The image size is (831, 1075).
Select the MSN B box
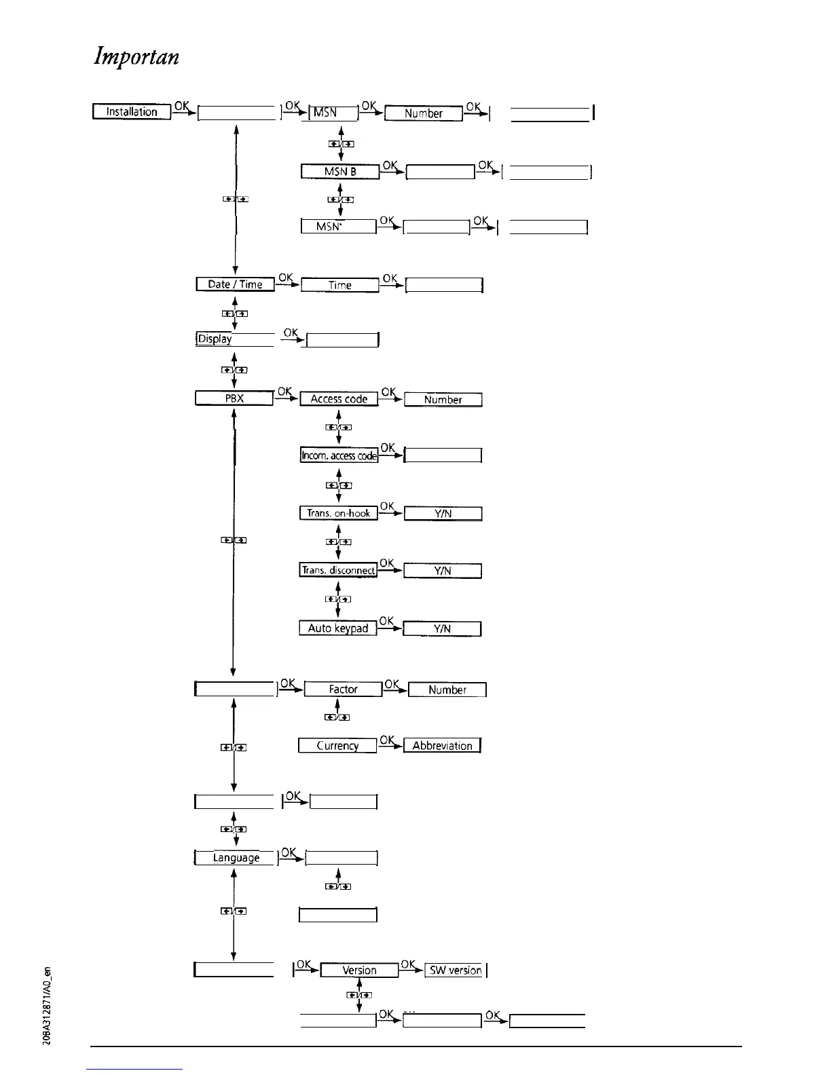click(x=340, y=172)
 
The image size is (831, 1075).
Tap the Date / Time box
click(x=235, y=284)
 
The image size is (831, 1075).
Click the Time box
click(x=339, y=285)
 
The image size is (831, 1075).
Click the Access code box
click(x=339, y=399)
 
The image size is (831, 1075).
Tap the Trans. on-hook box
click(x=339, y=513)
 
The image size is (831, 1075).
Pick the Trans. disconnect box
click(x=339, y=570)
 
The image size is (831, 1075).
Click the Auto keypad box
click(x=338, y=628)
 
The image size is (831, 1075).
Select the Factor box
click(x=343, y=690)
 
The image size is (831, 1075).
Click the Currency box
click(x=337, y=746)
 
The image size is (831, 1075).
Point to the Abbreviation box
click(x=442, y=746)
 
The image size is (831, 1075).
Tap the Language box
click(x=236, y=858)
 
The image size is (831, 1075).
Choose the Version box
click(x=359, y=970)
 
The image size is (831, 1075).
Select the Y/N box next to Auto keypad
click(x=442, y=628)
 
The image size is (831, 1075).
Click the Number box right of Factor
click(x=447, y=690)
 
